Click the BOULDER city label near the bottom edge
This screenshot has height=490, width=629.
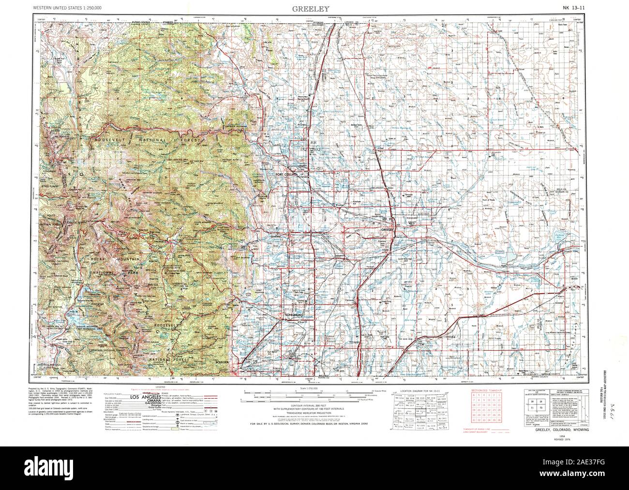(x=222, y=361)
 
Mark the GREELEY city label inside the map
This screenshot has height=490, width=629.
(x=389, y=229)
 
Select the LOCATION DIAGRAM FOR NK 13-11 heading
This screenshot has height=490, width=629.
(x=419, y=389)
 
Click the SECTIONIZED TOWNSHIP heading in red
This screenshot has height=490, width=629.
(x=484, y=389)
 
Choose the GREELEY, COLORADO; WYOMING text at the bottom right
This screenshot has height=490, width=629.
(x=562, y=430)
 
